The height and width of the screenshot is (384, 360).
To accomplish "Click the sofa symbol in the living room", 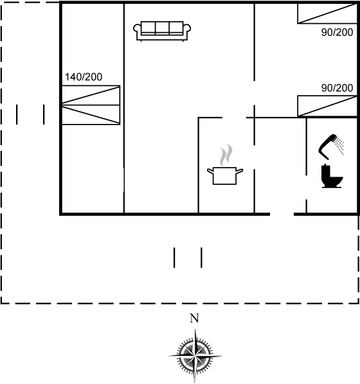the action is click(x=162, y=31).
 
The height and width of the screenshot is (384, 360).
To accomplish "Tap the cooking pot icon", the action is click(x=225, y=175).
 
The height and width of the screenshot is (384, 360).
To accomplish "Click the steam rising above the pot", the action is click(x=226, y=155).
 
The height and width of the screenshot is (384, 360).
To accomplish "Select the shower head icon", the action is click(x=328, y=146).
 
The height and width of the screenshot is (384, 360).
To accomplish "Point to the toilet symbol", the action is click(x=332, y=176).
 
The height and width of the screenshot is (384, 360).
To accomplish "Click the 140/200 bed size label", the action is click(x=84, y=77).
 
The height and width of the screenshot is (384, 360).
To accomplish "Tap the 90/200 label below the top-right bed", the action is click(x=337, y=32).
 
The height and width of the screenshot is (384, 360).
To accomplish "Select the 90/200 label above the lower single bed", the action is click(x=337, y=88).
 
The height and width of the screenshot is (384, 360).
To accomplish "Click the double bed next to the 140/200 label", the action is click(x=91, y=105).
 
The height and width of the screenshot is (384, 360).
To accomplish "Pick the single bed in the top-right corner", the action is click(x=327, y=13).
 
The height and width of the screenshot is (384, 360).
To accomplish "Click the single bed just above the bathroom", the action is click(x=327, y=106).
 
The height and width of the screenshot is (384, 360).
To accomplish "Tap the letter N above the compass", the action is click(x=194, y=319).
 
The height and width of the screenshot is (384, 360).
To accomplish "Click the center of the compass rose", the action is click(x=195, y=356).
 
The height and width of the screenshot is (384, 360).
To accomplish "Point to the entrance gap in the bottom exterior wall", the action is click(x=282, y=214).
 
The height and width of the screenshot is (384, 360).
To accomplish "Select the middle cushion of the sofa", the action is click(x=162, y=28).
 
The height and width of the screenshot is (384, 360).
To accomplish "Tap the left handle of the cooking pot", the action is click(x=210, y=171).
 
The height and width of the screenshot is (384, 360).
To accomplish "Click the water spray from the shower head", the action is click(x=340, y=146).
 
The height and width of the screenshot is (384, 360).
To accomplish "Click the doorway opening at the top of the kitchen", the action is click(x=234, y=118).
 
